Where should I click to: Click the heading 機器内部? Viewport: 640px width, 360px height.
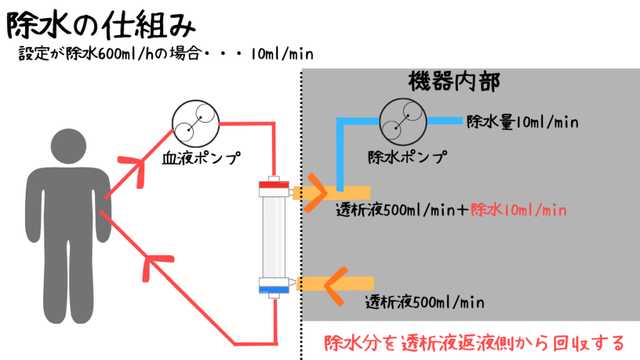(454, 82)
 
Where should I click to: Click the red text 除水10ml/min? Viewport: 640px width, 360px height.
(519, 210)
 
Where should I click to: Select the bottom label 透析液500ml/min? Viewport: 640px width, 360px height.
(424, 302)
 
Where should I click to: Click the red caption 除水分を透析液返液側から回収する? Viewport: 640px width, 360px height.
(474, 343)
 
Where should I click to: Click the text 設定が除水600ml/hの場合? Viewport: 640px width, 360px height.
(109, 54)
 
